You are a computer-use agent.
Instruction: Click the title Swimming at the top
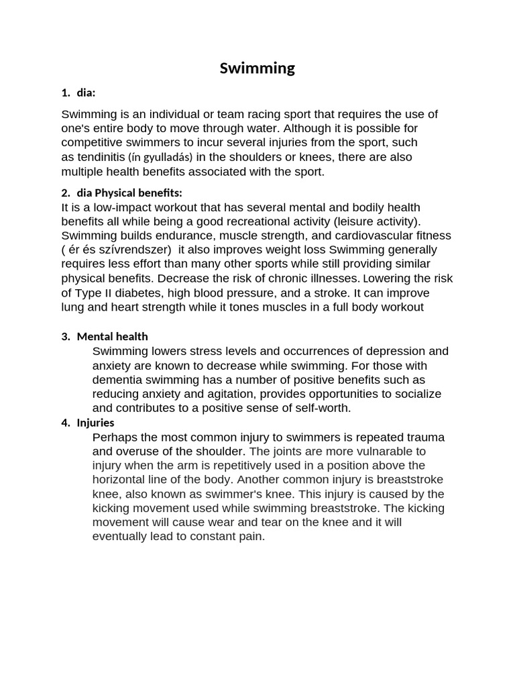click(257, 68)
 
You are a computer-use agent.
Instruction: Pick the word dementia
click(117, 380)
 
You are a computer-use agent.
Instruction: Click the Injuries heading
click(96, 423)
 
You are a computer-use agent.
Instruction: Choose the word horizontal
click(119, 480)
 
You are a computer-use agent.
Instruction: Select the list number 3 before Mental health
click(65, 337)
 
